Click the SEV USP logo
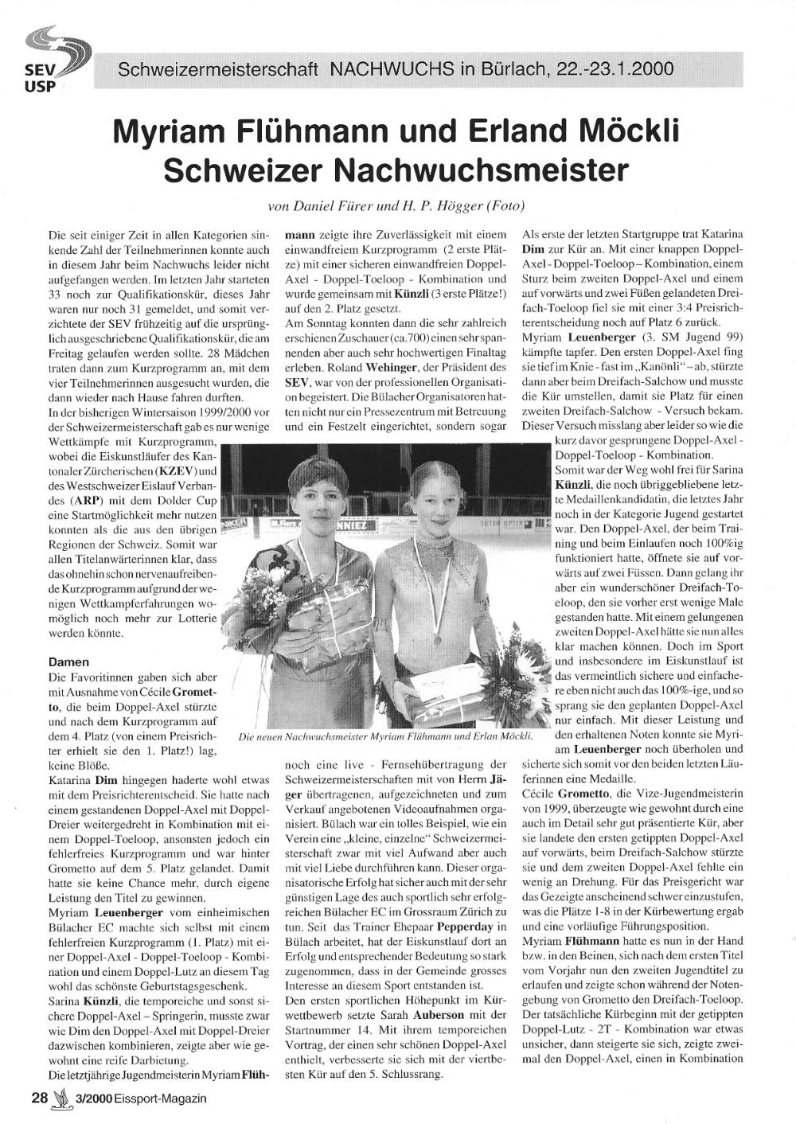(x=56, y=60)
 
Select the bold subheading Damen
(x=68, y=662)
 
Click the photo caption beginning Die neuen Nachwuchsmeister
(x=385, y=738)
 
